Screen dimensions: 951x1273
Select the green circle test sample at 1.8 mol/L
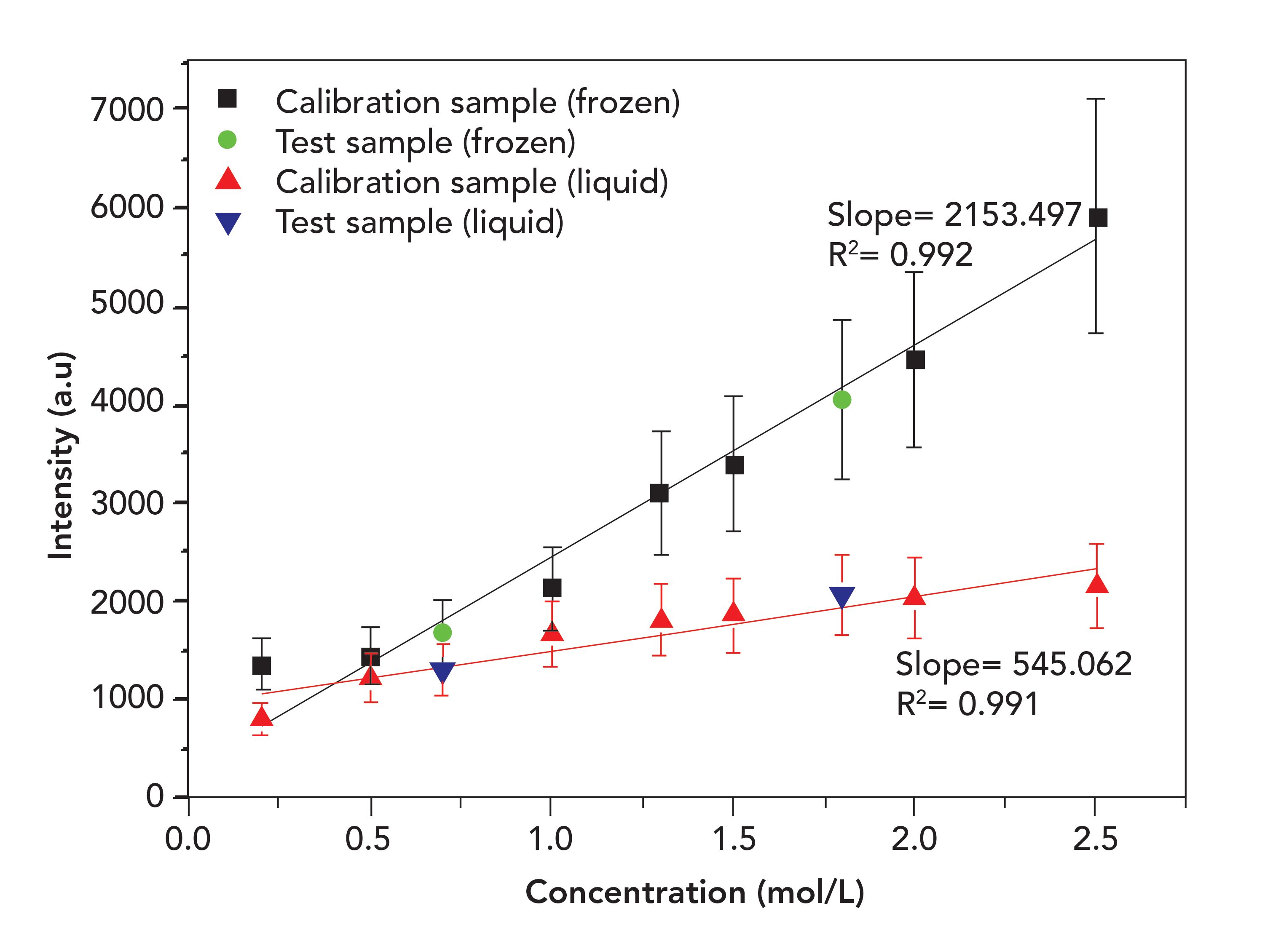[x=842, y=399]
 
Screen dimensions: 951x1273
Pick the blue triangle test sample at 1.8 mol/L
[x=842, y=597]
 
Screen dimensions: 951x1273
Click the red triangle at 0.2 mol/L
[x=262, y=717]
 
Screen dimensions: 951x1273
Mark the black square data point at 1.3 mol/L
[x=659, y=493]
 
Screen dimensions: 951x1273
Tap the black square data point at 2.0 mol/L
[x=915, y=360]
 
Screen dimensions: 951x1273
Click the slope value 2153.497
[x=1013, y=215]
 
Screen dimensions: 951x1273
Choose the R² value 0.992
[x=931, y=255]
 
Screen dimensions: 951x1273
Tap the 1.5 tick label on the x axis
[x=733, y=839]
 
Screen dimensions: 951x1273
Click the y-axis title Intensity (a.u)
[x=62, y=454]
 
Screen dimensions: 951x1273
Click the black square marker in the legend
[x=227, y=99]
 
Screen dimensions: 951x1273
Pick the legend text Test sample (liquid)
[x=420, y=222]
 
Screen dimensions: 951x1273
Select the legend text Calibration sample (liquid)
[x=472, y=182]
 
